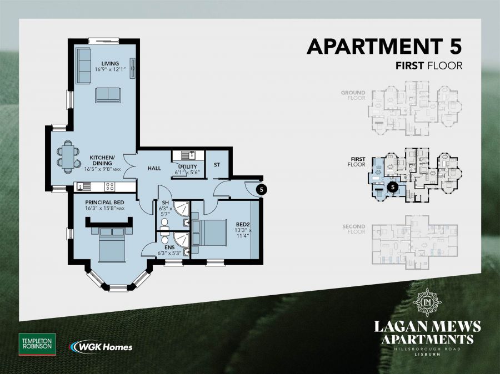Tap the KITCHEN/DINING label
102,158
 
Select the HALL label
154,168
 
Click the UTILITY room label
187,166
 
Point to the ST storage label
217,164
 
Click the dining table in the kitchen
68,155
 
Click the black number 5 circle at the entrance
262,189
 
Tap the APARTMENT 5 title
384,47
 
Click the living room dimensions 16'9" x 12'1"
110,69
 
